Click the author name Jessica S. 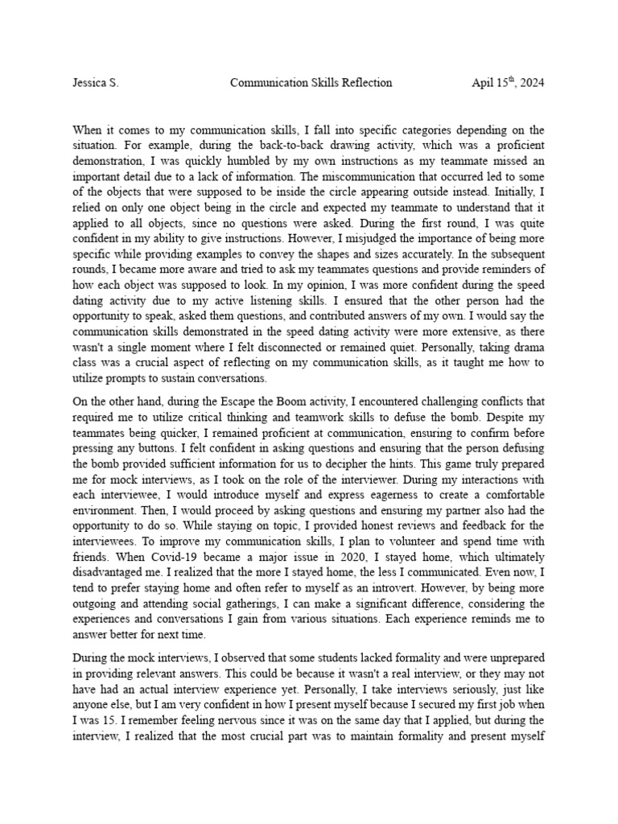click(x=95, y=83)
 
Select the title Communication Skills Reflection click(x=311, y=83)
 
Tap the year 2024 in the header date click(x=531, y=83)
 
